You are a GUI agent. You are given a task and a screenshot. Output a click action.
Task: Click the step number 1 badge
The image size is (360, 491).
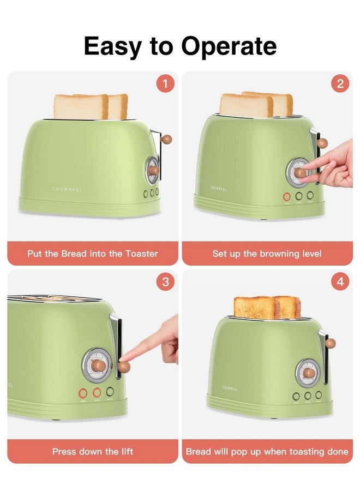pyautogui.click(x=165, y=84)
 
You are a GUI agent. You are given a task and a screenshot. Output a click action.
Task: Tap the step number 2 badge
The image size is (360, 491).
pyautogui.click(x=340, y=84)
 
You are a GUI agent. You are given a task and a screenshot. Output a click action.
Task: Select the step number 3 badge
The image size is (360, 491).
pyautogui.click(x=165, y=282)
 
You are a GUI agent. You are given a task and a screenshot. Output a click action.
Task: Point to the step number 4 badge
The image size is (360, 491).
pyautogui.click(x=340, y=282)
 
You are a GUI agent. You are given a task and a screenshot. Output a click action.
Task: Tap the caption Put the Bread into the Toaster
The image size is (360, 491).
pyautogui.click(x=93, y=254)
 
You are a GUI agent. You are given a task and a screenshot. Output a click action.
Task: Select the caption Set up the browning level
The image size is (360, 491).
pyautogui.click(x=267, y=254)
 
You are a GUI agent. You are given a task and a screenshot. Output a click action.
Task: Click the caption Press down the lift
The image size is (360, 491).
pyautogui.click(x=93, y=451)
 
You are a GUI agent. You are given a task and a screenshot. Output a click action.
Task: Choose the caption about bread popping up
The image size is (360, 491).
pyautogui.click(x=267, y=451)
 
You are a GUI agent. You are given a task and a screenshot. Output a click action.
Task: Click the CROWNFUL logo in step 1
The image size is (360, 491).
pyautogui.click(x=68, y=189)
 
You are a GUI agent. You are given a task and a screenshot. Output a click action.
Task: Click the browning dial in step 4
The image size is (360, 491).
pyautogui.click(x=308, y=373)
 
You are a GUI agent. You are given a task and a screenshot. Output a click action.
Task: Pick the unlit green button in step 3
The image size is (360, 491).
pyautogui.click(x=111, y=392)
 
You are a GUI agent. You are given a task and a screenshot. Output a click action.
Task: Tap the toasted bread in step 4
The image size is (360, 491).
pyautogui.click(x=267, y=308)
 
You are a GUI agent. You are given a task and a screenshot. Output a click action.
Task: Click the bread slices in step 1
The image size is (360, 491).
pyautogui.click(x=91, y=106)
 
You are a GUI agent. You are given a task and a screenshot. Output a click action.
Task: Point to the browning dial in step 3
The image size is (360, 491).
pyautogui.click(x=97, y=364)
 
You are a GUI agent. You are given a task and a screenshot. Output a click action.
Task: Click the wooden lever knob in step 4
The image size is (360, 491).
pyautogui.click(x=331, y=343)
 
